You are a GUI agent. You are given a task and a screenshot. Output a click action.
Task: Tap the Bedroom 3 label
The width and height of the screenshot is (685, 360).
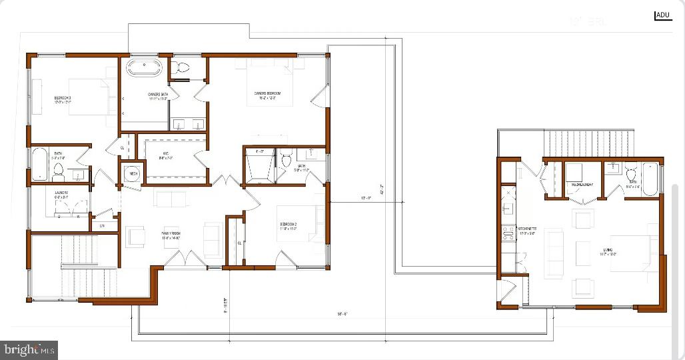[x=63, y=100]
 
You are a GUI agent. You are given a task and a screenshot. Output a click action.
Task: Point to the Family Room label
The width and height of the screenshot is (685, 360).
[x=171, y=235]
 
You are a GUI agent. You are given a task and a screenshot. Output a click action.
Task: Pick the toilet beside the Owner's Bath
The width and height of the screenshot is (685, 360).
[x=181, y=67]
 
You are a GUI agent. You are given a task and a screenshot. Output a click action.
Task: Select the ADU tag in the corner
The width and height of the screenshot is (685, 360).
[x=663, y=15]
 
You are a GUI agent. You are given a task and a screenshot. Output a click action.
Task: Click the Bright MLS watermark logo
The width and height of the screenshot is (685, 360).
[x=29, y=349]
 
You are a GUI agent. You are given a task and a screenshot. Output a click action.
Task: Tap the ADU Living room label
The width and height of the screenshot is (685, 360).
[x=608, y=252]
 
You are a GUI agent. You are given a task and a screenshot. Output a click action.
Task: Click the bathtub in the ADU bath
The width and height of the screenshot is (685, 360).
[x=650, y=179]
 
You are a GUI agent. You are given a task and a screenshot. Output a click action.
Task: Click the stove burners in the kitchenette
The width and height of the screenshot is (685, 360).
[x=508, y=233]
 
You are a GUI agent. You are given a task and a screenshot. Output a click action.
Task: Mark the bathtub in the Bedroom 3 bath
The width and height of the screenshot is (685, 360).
[x=38, y=165]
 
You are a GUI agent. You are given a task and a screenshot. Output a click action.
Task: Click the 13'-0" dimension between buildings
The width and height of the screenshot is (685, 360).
[x=366, y=198]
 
